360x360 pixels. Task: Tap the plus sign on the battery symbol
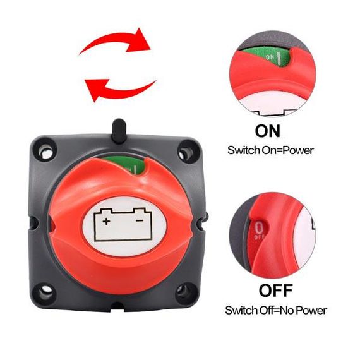pos(106,221)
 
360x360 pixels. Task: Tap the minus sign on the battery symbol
pos(140,220)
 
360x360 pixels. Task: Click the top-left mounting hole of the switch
pos(45,150)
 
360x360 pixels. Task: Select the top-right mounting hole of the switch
pos(186,152)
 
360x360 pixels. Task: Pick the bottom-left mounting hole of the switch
pos(46,292)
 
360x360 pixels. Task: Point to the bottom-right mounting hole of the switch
pos(185,292)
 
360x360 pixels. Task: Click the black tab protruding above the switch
pos(119,130)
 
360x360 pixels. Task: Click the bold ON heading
pos(268,131)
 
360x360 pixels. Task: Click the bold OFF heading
pos(275,291)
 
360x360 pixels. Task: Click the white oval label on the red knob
pos(124,226)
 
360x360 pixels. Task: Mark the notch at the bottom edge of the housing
pos(118,306)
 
